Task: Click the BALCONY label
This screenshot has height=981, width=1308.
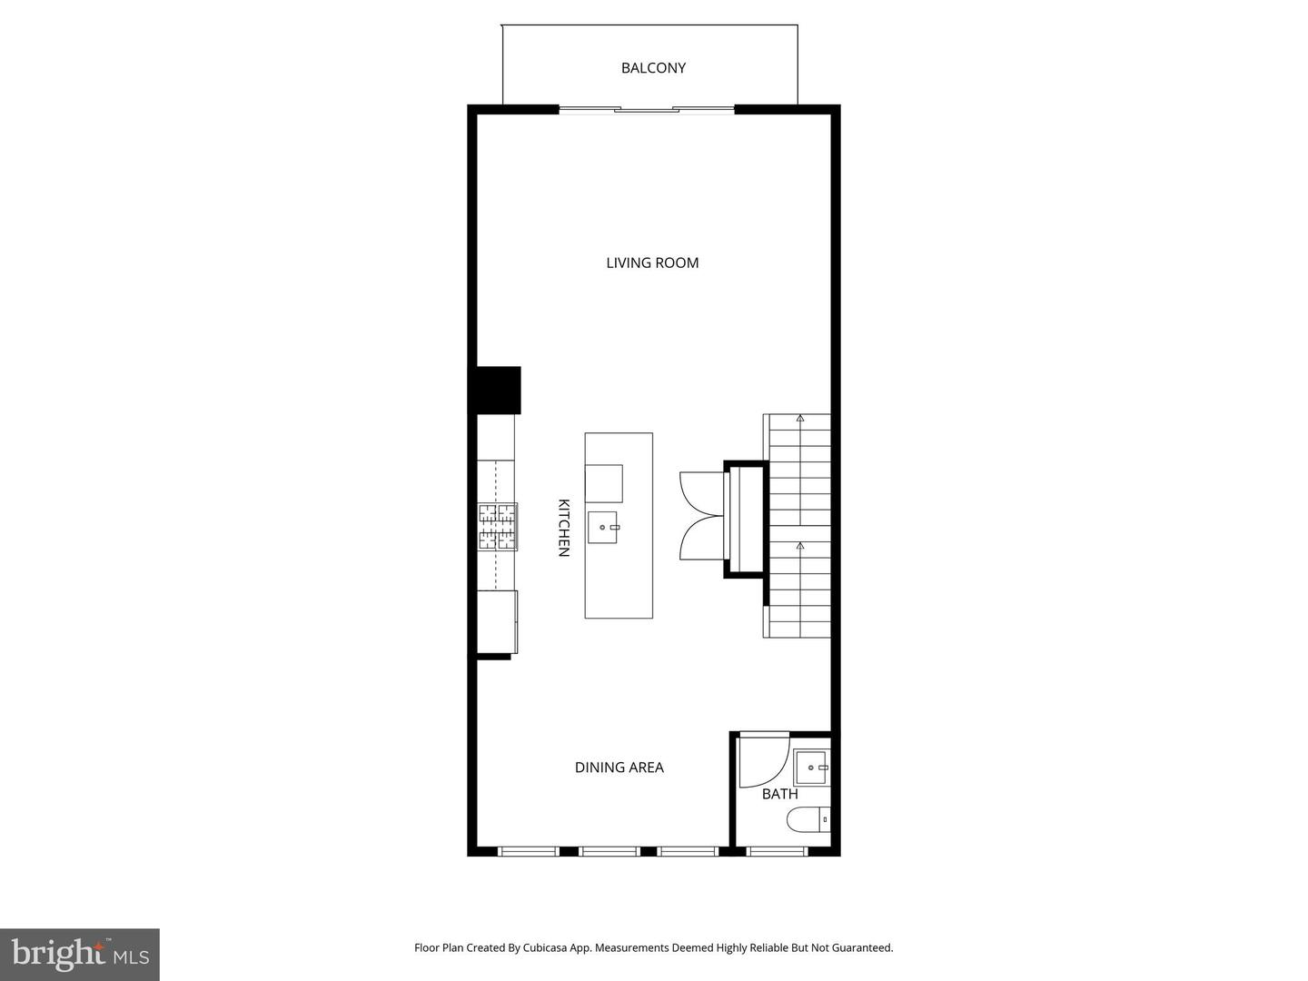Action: pyautogui.click(x=653, y=68)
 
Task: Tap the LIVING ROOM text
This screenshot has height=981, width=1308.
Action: pyautogui.click(x=652, y=263)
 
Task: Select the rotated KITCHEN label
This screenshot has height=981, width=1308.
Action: pyautogui.click(x=563, y=527)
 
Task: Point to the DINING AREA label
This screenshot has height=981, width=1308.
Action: pyautogui.click(x=619, y=768)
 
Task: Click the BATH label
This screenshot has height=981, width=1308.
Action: pyautogui.click(x=779, y=794)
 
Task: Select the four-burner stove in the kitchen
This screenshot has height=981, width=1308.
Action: pyautogui.click(x=498, y=528)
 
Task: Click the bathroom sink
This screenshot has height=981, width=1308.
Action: pyautogui.click(x=810, y=768)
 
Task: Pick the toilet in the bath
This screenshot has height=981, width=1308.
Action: pyautogui.click(x=808, y=820)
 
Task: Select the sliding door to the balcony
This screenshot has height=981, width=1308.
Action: pyautogui.click(x=646, y=110)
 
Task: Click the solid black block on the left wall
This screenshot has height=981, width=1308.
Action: pyautogui.click(x=495, y=390)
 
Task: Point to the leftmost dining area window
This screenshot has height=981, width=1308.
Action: pyautogui.click(x=529, y=851)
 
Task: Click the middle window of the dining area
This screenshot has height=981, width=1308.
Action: pyautogui.click(x=609, y=851)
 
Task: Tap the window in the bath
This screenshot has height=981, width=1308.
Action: pyautogui.click(x=777, y=851)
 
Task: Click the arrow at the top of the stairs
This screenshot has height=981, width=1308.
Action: pyautogui.click(x=800, y=419)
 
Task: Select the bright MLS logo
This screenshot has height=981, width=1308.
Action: pyautogui.click(x=79, y=954)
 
